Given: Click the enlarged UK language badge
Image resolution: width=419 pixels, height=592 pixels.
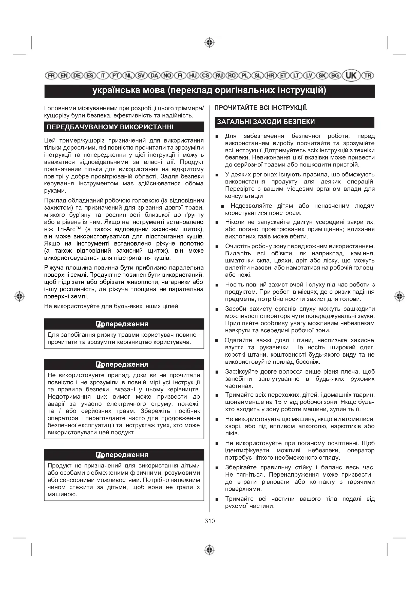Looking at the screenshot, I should click(351, 75).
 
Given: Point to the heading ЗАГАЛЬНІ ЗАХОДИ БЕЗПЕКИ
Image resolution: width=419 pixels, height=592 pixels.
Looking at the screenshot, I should click(266, 122).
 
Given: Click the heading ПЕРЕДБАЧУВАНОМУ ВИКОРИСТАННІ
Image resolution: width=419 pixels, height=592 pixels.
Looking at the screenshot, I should click(110, 127).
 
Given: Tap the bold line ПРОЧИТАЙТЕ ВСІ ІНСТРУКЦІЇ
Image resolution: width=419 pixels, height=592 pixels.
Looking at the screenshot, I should click(261, 108).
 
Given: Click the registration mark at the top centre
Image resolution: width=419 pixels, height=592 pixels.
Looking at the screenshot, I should click(210, 43).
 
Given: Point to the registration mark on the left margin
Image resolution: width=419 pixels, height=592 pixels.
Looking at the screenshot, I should click(19, 296).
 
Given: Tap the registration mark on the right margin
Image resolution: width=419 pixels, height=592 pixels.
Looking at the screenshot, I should click(399, 296).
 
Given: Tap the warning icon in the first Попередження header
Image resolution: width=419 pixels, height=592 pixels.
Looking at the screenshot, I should click(100, 324).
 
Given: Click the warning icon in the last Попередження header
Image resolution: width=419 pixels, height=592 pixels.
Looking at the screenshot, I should click(100, 455).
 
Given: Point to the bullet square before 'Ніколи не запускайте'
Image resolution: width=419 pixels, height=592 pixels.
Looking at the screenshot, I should click(217, 222).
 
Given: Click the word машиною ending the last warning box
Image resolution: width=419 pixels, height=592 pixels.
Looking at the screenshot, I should click(62, 494).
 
